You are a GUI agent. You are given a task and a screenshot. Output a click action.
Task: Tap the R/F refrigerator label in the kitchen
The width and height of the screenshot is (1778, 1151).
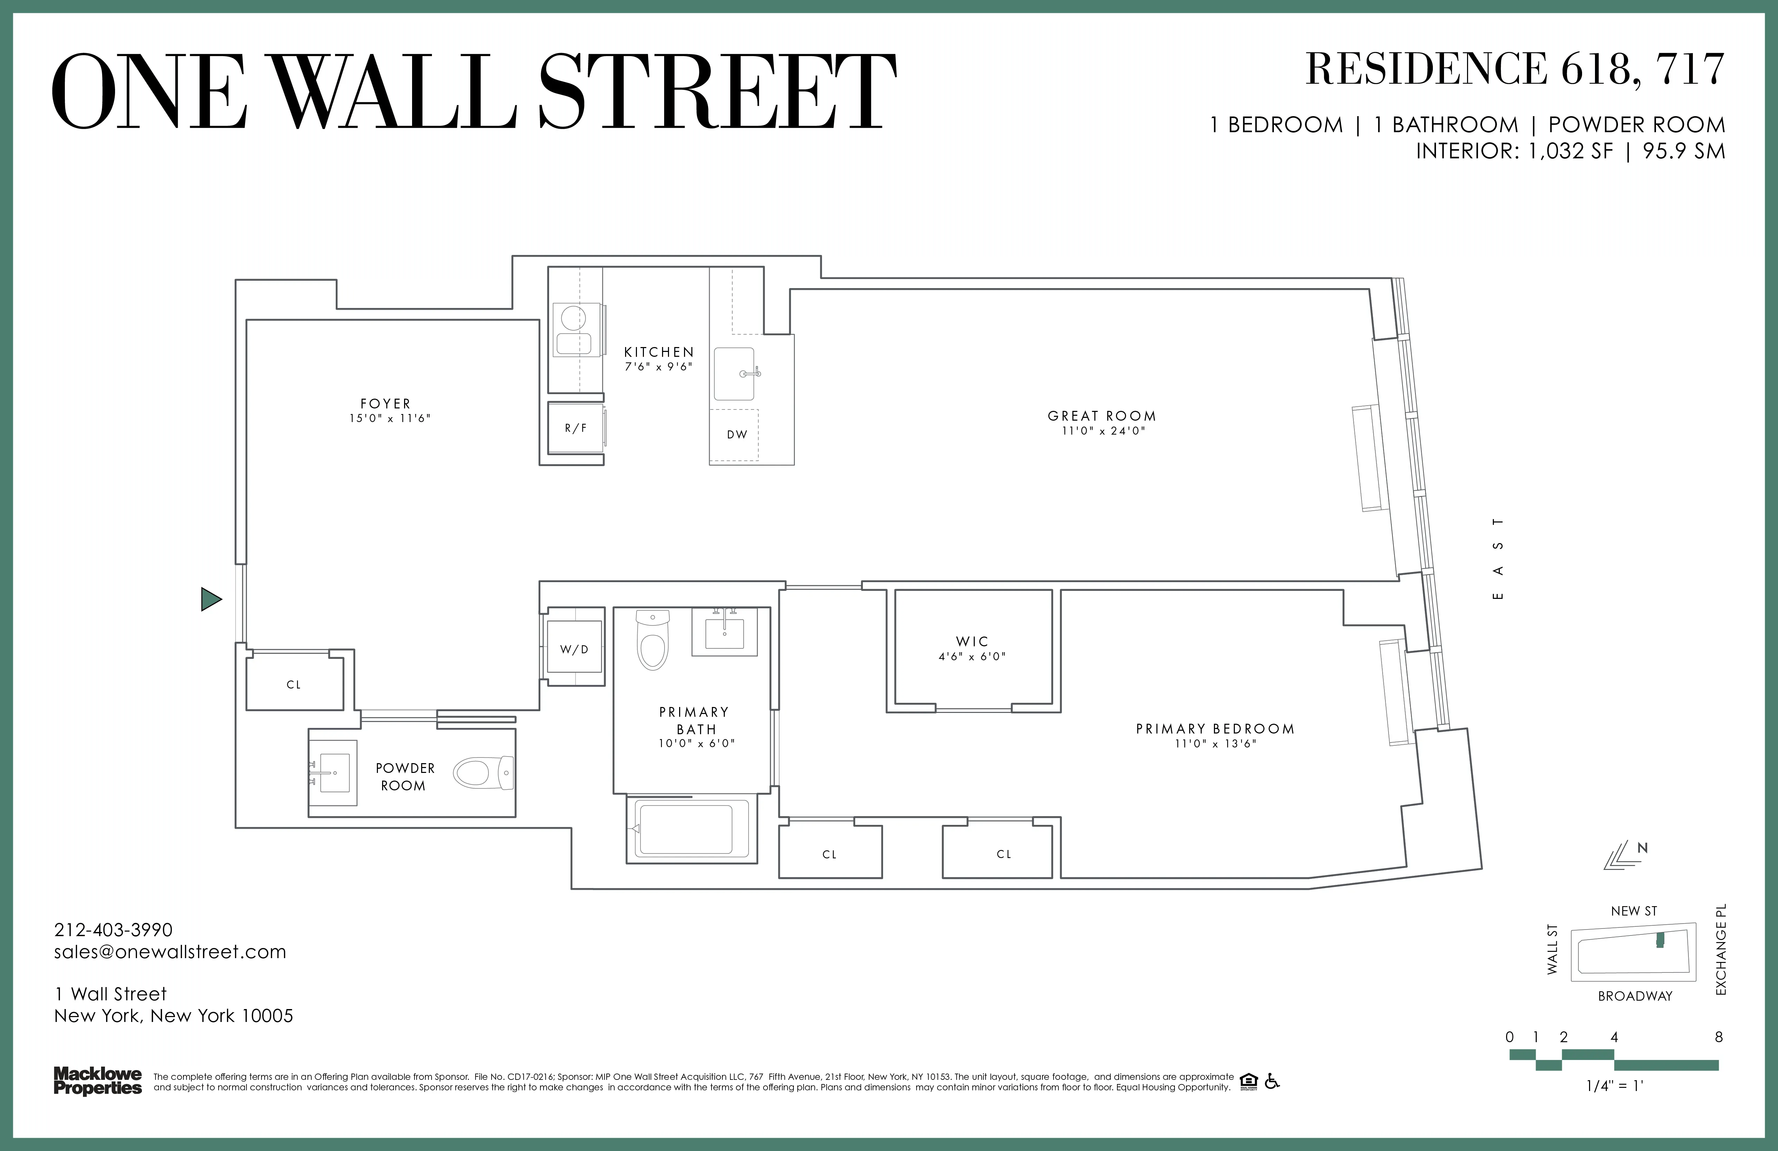[x=575, y=428]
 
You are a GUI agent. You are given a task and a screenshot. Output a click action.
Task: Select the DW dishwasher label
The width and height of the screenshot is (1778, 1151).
[x=737, y=434]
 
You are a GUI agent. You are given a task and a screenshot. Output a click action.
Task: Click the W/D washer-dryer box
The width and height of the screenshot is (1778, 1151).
[x=575, y=649]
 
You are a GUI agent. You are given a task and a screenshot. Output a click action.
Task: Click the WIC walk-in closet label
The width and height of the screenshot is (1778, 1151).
[x=972, y=641]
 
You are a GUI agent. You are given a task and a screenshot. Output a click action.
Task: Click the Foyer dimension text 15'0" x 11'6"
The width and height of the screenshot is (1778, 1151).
[x=389, y=419]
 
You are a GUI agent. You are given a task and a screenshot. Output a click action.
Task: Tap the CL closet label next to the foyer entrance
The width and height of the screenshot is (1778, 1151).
[x=294, y=685]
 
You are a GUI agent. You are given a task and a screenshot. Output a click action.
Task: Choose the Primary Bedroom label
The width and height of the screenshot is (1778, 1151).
[x=1215, y=729]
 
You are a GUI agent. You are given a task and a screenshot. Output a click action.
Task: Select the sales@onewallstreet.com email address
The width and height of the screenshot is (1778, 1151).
[x=170, y=952]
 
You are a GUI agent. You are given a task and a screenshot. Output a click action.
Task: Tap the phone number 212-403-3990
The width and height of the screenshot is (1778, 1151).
[x=114, y=930]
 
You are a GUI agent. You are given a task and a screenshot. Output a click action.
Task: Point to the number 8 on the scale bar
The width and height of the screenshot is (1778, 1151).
[x=1718, y=1037]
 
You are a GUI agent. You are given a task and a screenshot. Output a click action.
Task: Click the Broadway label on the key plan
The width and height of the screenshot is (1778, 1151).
[x=1635, y=996]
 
